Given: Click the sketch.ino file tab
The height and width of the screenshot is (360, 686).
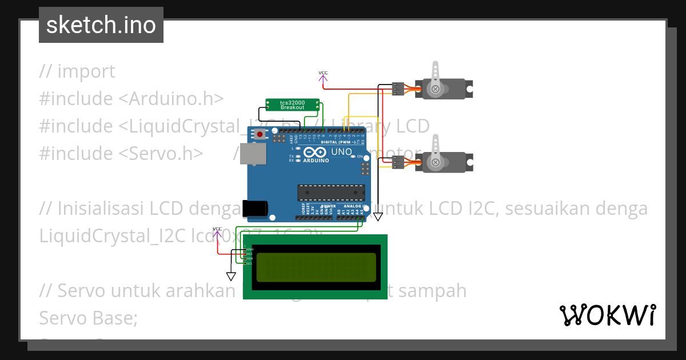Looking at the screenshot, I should pos(101,25).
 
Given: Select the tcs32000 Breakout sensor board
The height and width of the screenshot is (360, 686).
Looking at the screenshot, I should pos(292,105).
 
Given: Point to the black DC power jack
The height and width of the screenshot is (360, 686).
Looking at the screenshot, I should pos(254,208).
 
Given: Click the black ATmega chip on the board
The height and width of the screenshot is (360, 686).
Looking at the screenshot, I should pos(330,193).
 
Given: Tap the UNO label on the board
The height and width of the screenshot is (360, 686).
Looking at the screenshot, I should pos(342,152).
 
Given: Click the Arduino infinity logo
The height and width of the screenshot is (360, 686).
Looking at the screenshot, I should pos(316,153).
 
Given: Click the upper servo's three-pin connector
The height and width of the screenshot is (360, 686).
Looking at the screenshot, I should pos(398,89).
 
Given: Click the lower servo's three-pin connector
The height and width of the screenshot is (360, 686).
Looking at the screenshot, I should pos(398,163).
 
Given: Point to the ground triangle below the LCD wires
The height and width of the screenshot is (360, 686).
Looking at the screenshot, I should pos(231,277).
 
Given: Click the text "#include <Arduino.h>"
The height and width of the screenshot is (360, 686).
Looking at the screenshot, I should pos(131,99).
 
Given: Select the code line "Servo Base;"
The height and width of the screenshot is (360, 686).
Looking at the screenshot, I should pos(88,318).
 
